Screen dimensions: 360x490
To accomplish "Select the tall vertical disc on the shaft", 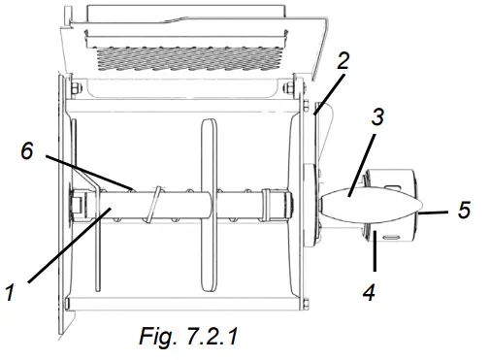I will pos(205,204).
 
